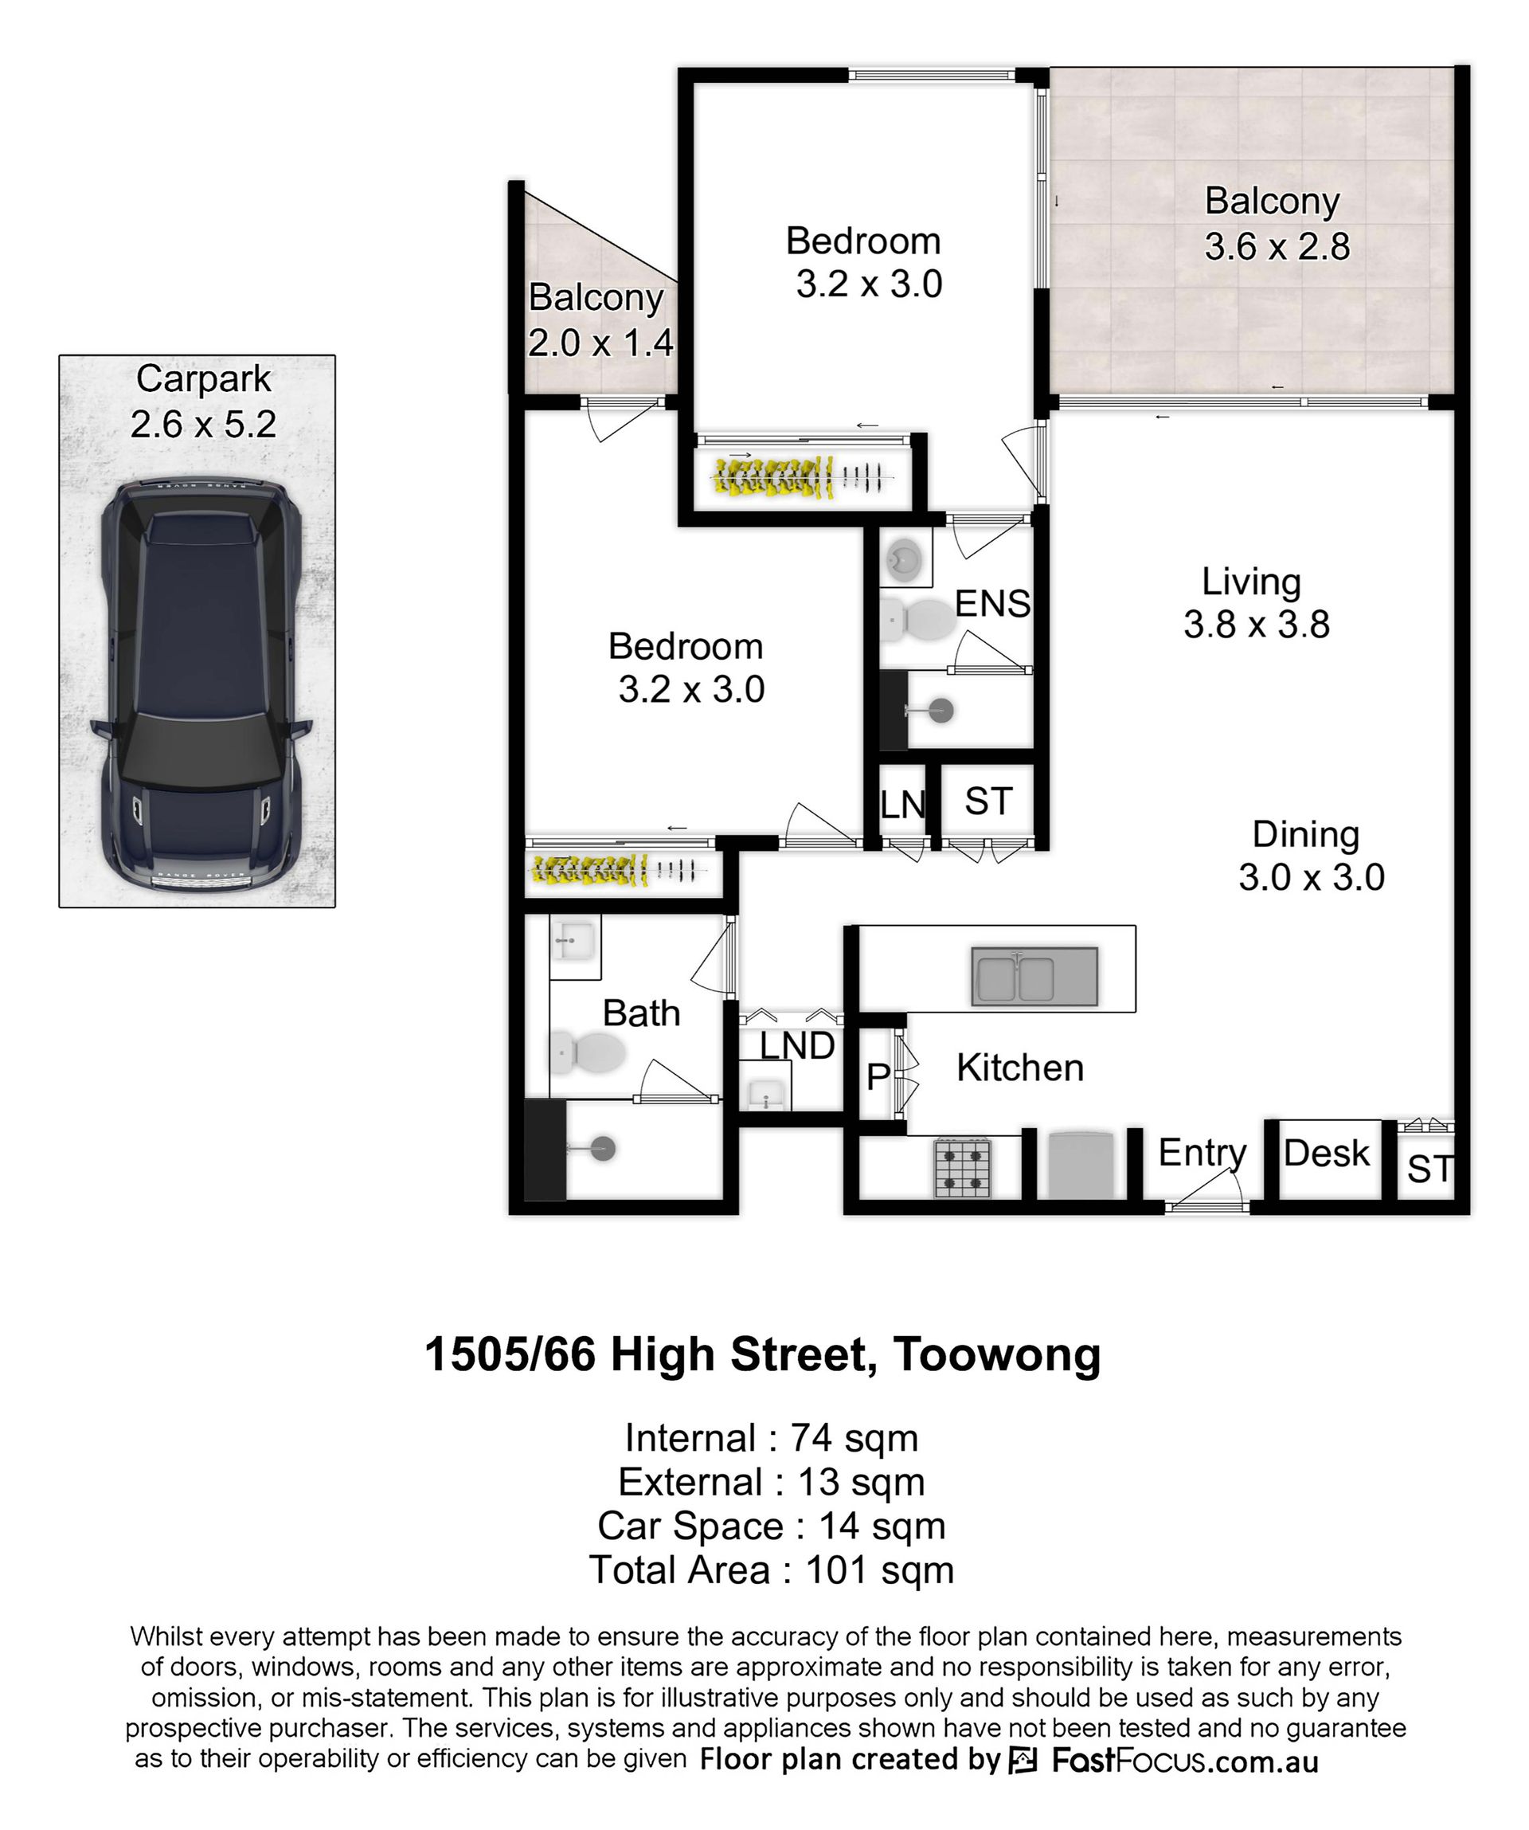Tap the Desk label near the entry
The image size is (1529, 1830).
point(1327,1153)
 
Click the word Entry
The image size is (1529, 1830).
point(1202,1154)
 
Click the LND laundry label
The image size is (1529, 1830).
point(797,1046)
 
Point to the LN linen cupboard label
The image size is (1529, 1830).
point(901,805)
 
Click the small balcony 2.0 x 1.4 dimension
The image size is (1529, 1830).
point(600,343)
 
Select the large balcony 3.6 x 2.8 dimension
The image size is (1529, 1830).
point(1277,247)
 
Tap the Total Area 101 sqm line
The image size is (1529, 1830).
point(772,1569)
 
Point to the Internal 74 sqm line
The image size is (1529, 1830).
point(772,1438)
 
